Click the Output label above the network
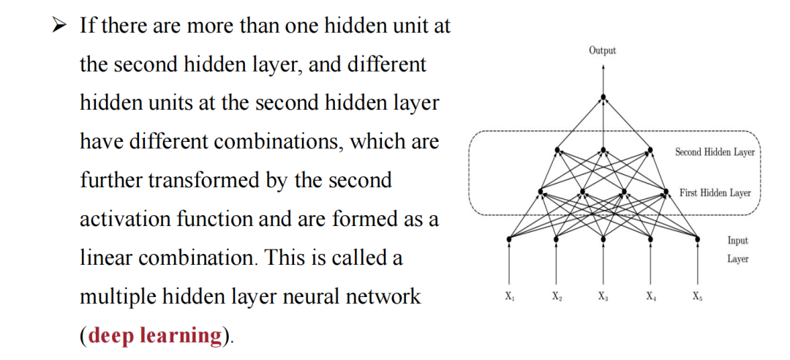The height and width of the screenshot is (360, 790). point(602,50)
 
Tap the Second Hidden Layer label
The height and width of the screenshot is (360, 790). point(714,152)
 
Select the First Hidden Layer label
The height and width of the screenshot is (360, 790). point(715,193)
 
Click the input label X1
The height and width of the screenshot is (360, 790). point(509,297)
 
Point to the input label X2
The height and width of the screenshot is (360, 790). point(557,297)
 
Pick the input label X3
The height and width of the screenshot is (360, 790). point(602,297)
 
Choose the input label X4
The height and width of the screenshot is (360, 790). point(650,297)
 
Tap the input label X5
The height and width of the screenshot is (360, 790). point(696,297)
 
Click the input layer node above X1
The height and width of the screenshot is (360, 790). point(510,238)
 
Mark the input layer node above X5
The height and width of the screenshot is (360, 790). point(696,238)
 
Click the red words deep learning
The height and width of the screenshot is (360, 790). point(154,335)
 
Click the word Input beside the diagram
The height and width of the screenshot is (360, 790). point(737,240)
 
